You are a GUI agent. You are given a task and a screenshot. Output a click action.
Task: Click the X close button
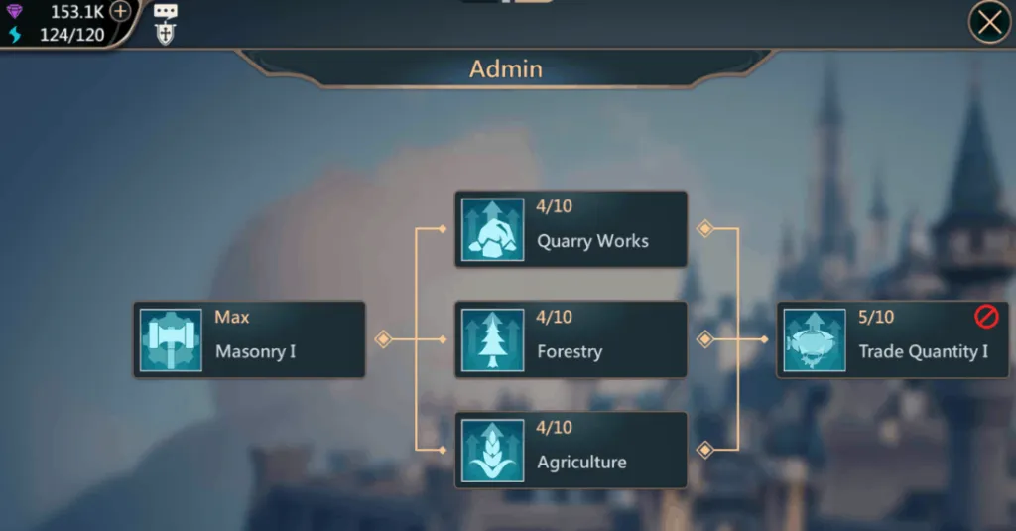point(989,22)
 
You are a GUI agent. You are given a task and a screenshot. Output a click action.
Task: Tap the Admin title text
point(505,68)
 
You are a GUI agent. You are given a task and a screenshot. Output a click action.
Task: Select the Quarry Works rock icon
point(492,229)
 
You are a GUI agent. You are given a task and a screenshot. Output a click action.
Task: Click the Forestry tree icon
point(492,339)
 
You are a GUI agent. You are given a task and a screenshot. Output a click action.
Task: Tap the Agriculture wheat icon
point(492,451)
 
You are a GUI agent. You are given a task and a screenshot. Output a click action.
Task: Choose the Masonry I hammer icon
point(171,339)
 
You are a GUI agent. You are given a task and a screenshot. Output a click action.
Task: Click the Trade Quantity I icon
point(815,339)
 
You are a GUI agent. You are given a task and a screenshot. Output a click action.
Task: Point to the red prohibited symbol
point(986,317)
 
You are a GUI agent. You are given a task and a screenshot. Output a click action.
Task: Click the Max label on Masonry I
point(232,317)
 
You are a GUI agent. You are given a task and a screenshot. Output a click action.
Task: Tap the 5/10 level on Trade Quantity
point(876,317)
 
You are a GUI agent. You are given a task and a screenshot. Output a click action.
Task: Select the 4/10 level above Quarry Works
point(554,206)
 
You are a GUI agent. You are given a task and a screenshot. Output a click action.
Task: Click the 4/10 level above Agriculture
point(554,427)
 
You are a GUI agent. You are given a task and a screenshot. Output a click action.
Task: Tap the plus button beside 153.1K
point(120,11)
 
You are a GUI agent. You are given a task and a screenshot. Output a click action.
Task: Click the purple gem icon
point(14,11)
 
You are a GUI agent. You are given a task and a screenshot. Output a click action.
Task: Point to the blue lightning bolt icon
point(15,35)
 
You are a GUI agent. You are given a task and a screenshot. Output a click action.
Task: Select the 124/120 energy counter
point(71,35)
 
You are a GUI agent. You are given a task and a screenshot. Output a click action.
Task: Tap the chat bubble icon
point(166,11)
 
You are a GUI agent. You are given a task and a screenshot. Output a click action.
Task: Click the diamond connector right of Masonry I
point(383,339)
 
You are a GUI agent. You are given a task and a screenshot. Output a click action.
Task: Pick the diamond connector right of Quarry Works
point(705,229)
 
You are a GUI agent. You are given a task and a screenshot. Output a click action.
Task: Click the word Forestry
point(570,352)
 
